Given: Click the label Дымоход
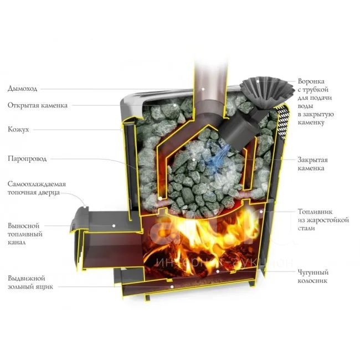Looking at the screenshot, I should (x=24, y=88).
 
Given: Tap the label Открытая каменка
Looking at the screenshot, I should (x=38, y=105).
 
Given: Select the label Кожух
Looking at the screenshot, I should (x=19, y=129).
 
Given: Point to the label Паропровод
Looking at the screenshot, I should (x=27, y=158).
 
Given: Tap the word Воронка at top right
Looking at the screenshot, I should (x=312, y=80).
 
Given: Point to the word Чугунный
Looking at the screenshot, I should (x=313, y=272).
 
